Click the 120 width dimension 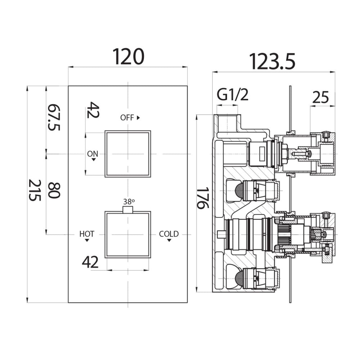tap(129, 57)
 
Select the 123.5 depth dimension tap(272, 62)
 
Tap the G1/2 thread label tap(233, 95)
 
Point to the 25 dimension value tap(320, 97)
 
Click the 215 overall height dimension tap(35, 190)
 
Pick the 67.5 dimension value tap(54, 117)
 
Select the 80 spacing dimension tap(54, 190)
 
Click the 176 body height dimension tap(203, 198)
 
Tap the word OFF tap(127, 118)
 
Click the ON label tap(93, 154)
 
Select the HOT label tap(87, 234)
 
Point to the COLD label tap(169, 234)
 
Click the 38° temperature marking tap(129, 202)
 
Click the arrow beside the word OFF tap(138, 118)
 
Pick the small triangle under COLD tap(169, 240)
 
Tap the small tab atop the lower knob tap(128, 210)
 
